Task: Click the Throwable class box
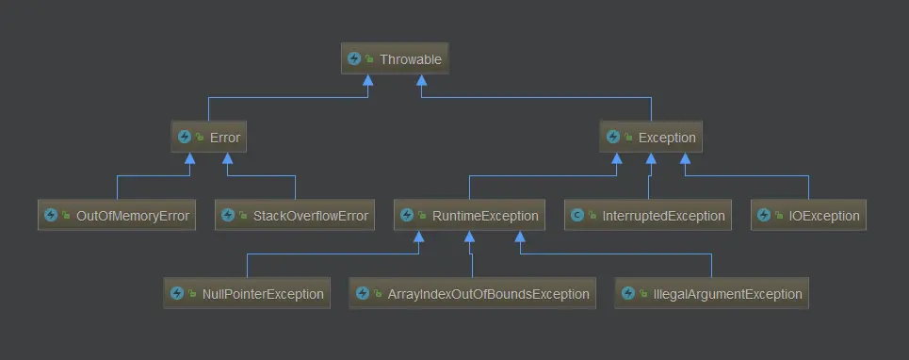tap(395, 58)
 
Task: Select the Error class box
tap(209, 137)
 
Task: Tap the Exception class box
tap(651, 137)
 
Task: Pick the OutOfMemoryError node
tap(117, 215)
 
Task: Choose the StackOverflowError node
tap(295, 215)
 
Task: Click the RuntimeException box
tap(470, 215)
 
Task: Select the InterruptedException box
tap(648, 215)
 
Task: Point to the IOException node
tap(809, 215)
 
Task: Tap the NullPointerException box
tap(247, 293)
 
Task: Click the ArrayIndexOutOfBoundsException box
tap(473, 293)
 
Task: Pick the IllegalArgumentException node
tap(711, 293)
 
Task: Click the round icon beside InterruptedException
tap(576, 216)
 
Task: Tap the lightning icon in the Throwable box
tap(353, 58)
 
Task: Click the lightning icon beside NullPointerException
tap(177, 293)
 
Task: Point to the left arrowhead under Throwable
tap(367, 80)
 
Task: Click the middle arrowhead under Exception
tap(651, 158)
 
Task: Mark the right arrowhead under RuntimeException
tap(520, 237)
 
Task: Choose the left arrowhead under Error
tap(189, 158)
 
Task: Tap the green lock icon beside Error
tap(200, 138)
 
